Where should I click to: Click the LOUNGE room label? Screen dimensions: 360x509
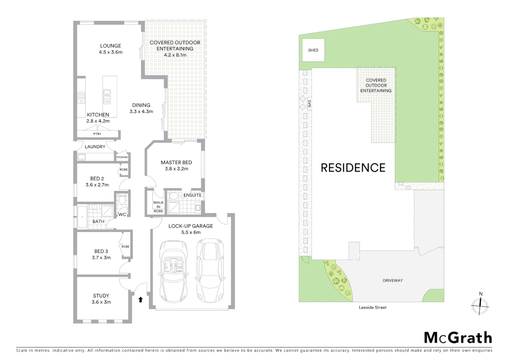111,46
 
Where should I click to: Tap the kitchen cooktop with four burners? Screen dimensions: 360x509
81,98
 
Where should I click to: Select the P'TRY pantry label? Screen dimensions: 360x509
97,134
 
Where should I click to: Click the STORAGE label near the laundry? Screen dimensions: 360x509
122,157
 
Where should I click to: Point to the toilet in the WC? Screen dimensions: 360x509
122,200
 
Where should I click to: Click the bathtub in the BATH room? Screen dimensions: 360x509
82,217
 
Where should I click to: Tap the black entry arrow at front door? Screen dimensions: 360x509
141,300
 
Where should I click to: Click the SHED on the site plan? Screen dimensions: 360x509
313,50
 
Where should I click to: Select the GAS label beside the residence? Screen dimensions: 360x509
309,104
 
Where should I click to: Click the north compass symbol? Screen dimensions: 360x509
480,305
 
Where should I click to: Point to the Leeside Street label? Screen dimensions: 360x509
372,307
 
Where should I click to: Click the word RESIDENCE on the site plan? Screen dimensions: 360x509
353,168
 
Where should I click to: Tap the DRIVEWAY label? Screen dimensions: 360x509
393,281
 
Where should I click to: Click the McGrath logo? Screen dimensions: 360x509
458,338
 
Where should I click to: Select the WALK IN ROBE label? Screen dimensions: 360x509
158,207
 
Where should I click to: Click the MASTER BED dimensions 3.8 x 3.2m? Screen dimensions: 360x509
177,169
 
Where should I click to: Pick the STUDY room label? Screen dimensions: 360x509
101,296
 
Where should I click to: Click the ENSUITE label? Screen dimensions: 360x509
193,195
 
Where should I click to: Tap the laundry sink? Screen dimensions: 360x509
82,157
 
